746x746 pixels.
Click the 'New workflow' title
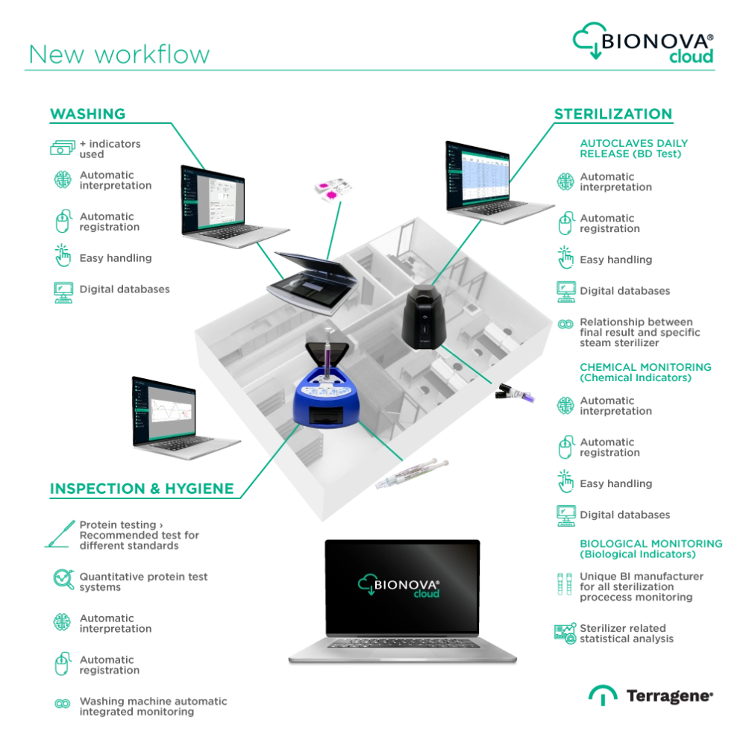119,55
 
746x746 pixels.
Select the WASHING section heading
87,115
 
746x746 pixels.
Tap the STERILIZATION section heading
613,116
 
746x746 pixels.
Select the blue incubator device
325,403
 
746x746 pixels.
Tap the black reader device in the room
424,316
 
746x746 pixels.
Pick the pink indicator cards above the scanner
330,189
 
